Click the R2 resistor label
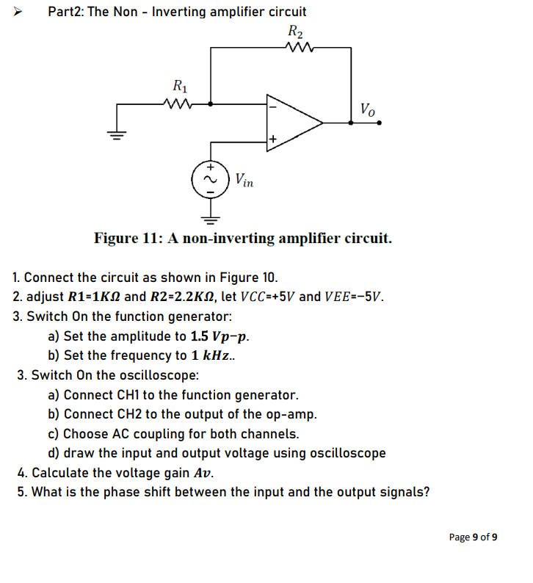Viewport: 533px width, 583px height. [x=295, y=32]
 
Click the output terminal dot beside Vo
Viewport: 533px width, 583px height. [x=379, y=123]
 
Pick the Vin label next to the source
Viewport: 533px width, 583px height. [x=244, y=180]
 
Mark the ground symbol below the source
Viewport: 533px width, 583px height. [x=211, y=217]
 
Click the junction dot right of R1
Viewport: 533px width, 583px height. [x=212, y=104]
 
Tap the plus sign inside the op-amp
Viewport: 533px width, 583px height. [x=272, y=139]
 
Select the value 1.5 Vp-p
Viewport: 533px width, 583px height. [x=223, y=336]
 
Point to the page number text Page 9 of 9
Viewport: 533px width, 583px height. [x=473, y=537]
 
